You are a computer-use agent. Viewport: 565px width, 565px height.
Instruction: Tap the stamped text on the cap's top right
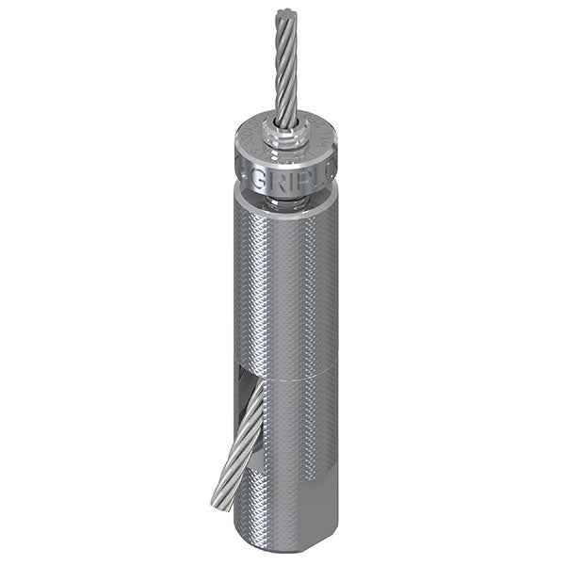[326, 141]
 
